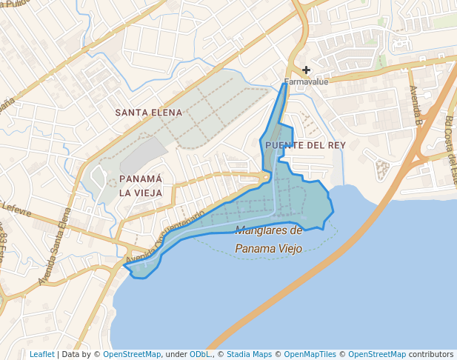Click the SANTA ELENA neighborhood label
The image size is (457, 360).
(148, 112)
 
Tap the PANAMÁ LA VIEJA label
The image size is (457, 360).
(140, 186)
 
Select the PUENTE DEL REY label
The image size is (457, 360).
(305, 145)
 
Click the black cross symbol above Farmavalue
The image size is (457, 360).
(306, 70)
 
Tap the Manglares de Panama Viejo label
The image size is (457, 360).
(268, 239)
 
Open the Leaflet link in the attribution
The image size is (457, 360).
(41, 354)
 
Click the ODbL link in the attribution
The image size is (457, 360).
(201, 354)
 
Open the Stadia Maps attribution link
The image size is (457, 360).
(249, 354)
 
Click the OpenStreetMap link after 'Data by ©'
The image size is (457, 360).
(131, 354)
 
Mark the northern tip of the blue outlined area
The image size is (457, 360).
(286, 84)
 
